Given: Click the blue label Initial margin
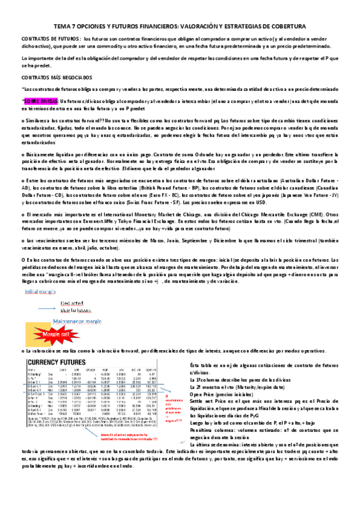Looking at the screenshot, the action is click(39, 292).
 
